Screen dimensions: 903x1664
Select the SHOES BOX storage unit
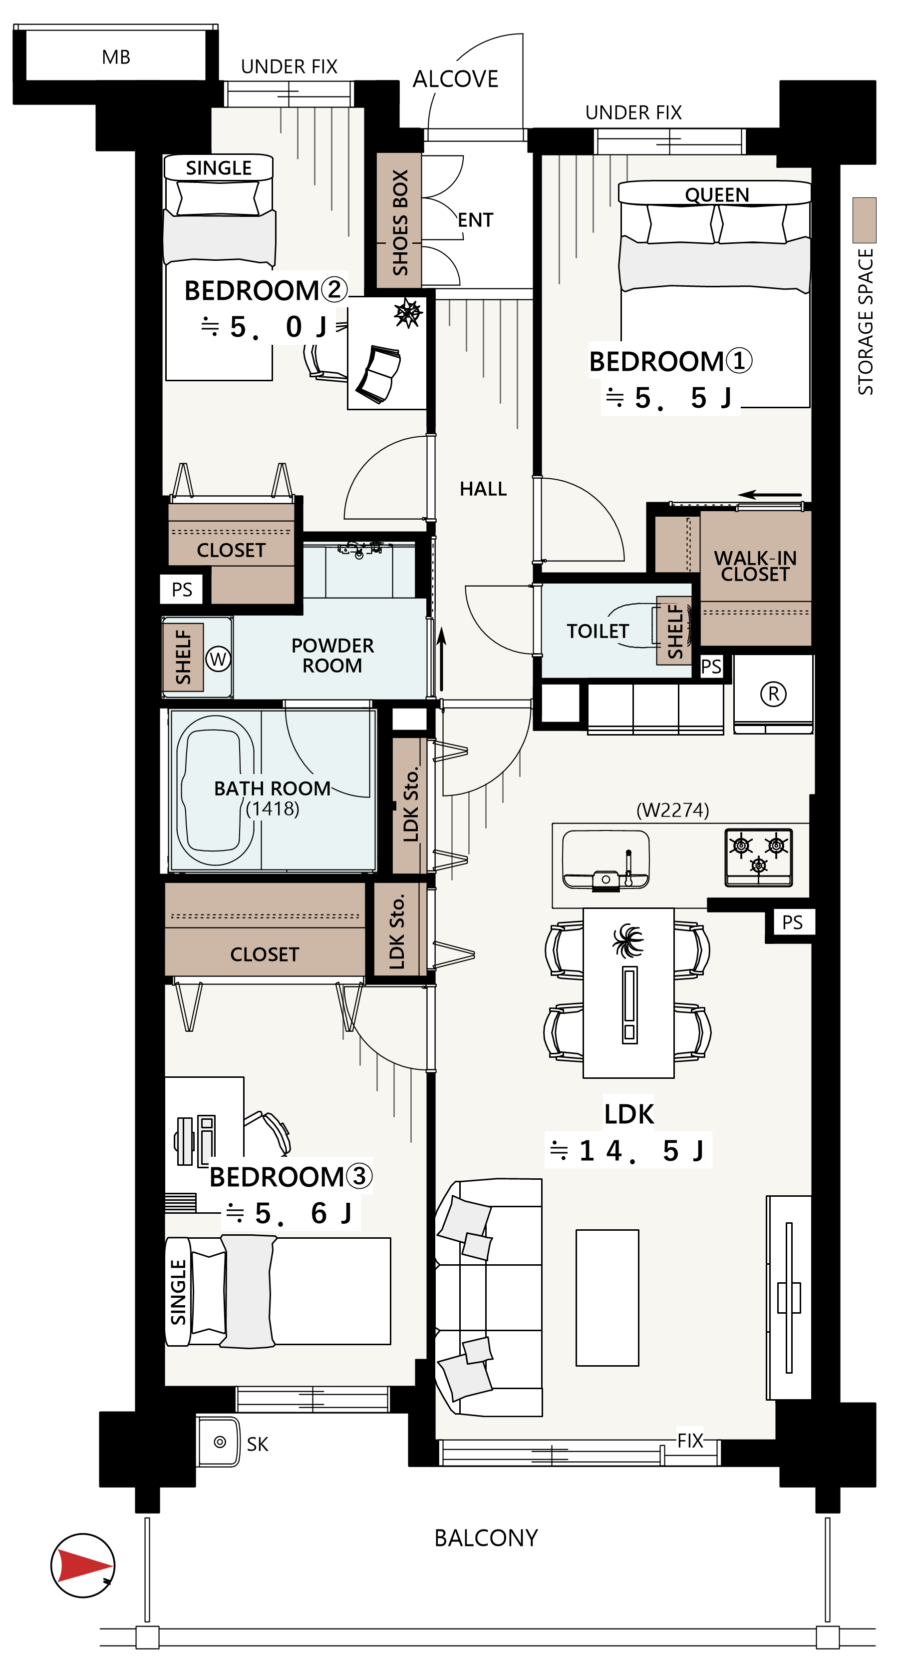point(399,220)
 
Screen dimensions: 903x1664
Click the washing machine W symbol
point(218,659)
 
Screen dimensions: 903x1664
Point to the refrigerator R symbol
point(773,694)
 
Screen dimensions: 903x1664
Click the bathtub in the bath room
point(216,790)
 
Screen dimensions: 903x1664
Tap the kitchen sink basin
point(605,859)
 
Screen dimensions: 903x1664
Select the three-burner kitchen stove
point(758,857)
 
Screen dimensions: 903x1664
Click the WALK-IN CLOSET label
point(755,566)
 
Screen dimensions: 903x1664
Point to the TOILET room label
point(598,631)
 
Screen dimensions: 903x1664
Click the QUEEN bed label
point(716,194)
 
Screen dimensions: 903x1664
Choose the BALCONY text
point(486,1538)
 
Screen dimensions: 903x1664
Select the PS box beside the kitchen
point(792,922)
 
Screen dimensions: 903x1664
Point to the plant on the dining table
point(628,940)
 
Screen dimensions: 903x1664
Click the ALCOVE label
point(456,79)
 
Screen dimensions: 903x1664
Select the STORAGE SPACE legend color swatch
point(864,220)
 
